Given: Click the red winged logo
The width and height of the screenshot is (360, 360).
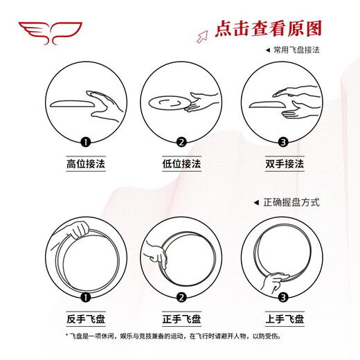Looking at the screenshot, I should [x=50, y=32].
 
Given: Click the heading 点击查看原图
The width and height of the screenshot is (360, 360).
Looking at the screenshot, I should [x=269, y=28].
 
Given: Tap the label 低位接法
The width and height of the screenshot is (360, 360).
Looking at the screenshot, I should [x=181, y=165].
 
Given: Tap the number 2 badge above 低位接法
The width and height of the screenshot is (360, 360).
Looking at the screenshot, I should [x=181, y=143].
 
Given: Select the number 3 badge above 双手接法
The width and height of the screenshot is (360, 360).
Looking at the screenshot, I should [x=282, y=143].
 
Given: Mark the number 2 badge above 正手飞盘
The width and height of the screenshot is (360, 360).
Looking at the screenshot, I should [x=181, y=298].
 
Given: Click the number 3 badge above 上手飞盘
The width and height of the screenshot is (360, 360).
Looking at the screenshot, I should [x=282, y=298].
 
